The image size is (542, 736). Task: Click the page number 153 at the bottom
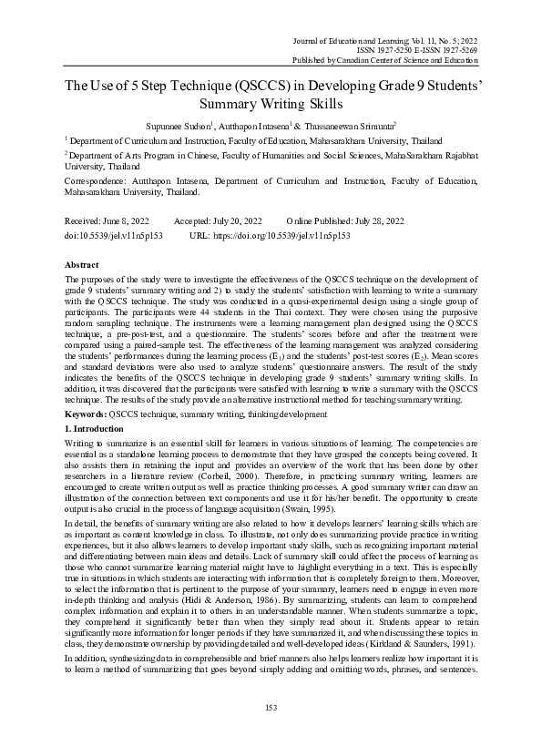coord(271,709)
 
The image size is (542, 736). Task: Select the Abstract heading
coord(84,262)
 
